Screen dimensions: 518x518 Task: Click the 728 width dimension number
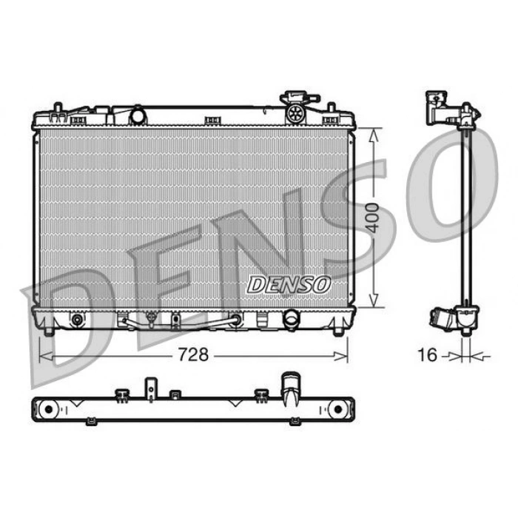tap(193, 354)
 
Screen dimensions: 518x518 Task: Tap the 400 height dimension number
tap(373, 218)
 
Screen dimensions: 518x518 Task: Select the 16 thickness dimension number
tap(428, 354)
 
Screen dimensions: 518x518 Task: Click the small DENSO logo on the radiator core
tap(289, 285)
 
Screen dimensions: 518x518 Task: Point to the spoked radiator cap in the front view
tap(295, 114)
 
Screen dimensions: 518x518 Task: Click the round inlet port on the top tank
tap(138, 116)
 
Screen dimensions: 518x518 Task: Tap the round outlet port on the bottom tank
tap(291, 319)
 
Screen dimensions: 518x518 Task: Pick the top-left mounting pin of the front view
tap(58, 107)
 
